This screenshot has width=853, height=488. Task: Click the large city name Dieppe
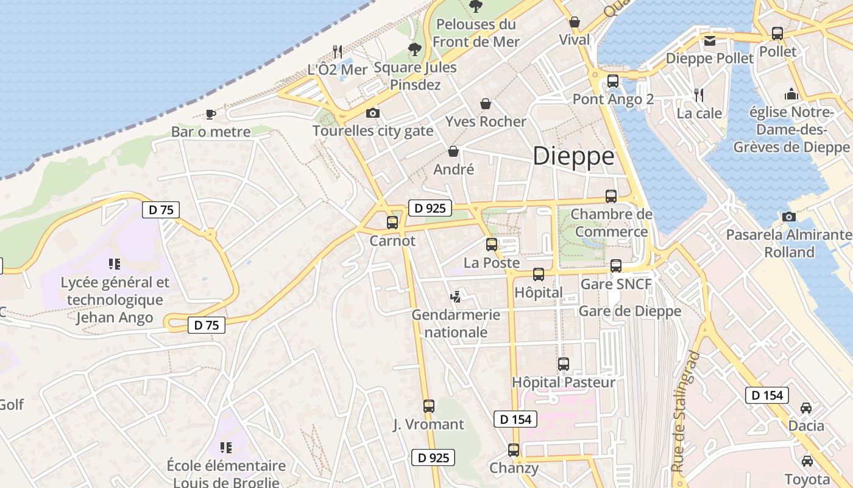[x=573, y=157]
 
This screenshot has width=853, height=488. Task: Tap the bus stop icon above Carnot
[x=392, y=223]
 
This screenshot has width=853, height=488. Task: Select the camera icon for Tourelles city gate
[x=373, y=113]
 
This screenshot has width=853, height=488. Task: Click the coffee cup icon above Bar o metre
[x=211, y=114]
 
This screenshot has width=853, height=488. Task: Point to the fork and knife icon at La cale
[x=699, y=95]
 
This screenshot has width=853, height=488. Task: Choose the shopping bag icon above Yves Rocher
[x=486, y=104]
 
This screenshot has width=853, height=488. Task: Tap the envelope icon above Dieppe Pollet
[x=710, y=41]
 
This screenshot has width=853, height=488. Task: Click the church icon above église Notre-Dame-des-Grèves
[x=791, y=94]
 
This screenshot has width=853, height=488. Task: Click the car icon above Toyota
[x=807, y=461]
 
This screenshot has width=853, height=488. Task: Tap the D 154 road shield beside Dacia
[x=767, y=395]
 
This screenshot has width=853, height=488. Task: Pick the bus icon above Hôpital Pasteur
[x=564, y=364]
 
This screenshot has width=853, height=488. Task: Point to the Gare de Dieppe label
[x=629, y=311]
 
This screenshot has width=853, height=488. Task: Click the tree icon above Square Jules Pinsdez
[x=416, y=49]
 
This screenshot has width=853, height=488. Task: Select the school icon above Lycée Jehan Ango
[x=115, y=264]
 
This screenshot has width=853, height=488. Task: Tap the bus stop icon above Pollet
[x=777, y=34]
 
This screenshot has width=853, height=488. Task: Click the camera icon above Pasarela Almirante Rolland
[x=789, y=217]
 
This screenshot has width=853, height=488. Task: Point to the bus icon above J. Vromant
[x=429, y=406]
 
